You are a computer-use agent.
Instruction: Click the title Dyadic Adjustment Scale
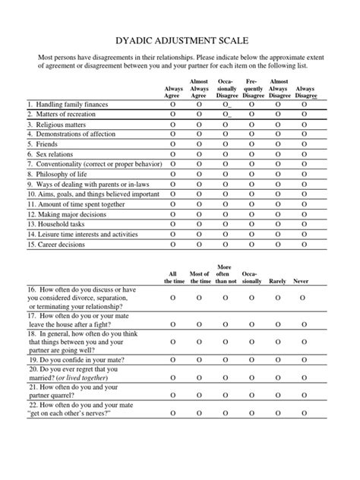180,39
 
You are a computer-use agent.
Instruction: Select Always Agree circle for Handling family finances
172,104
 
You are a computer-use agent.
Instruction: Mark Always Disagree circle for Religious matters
305,124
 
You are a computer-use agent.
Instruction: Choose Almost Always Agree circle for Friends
199,144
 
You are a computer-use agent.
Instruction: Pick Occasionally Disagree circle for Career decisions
226,245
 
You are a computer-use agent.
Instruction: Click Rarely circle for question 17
278,325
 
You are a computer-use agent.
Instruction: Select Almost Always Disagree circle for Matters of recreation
279,114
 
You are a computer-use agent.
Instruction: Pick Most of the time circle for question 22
199,433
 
